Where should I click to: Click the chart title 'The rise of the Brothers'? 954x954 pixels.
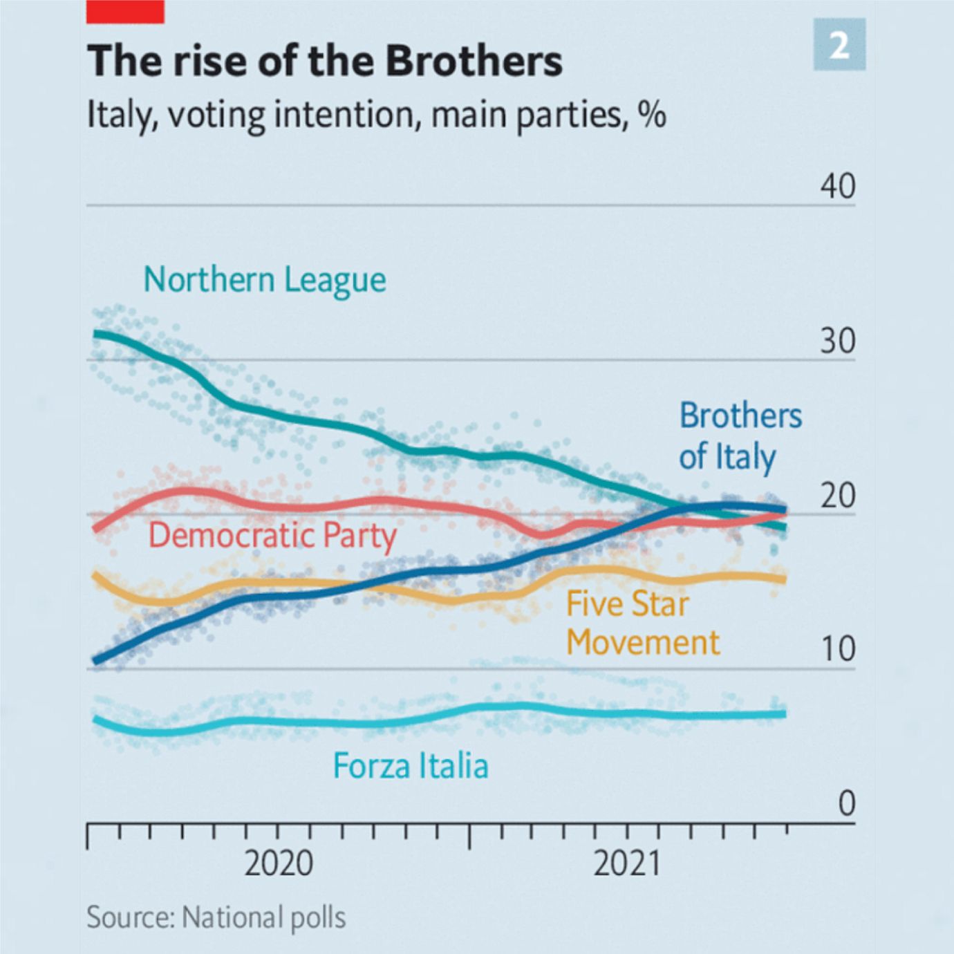pos(325,60)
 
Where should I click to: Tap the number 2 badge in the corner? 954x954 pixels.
pos(839,44)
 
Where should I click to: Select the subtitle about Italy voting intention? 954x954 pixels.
pos(376,115)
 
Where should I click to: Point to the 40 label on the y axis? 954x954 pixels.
pos(838,187)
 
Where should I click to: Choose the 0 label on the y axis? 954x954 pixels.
pos(847,805)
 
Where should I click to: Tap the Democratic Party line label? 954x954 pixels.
pos(273,536)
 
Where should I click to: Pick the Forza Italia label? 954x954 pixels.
pos(411,765)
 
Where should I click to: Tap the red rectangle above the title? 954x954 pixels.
pos(125,11)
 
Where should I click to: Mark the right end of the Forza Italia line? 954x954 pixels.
pos(785,713)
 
